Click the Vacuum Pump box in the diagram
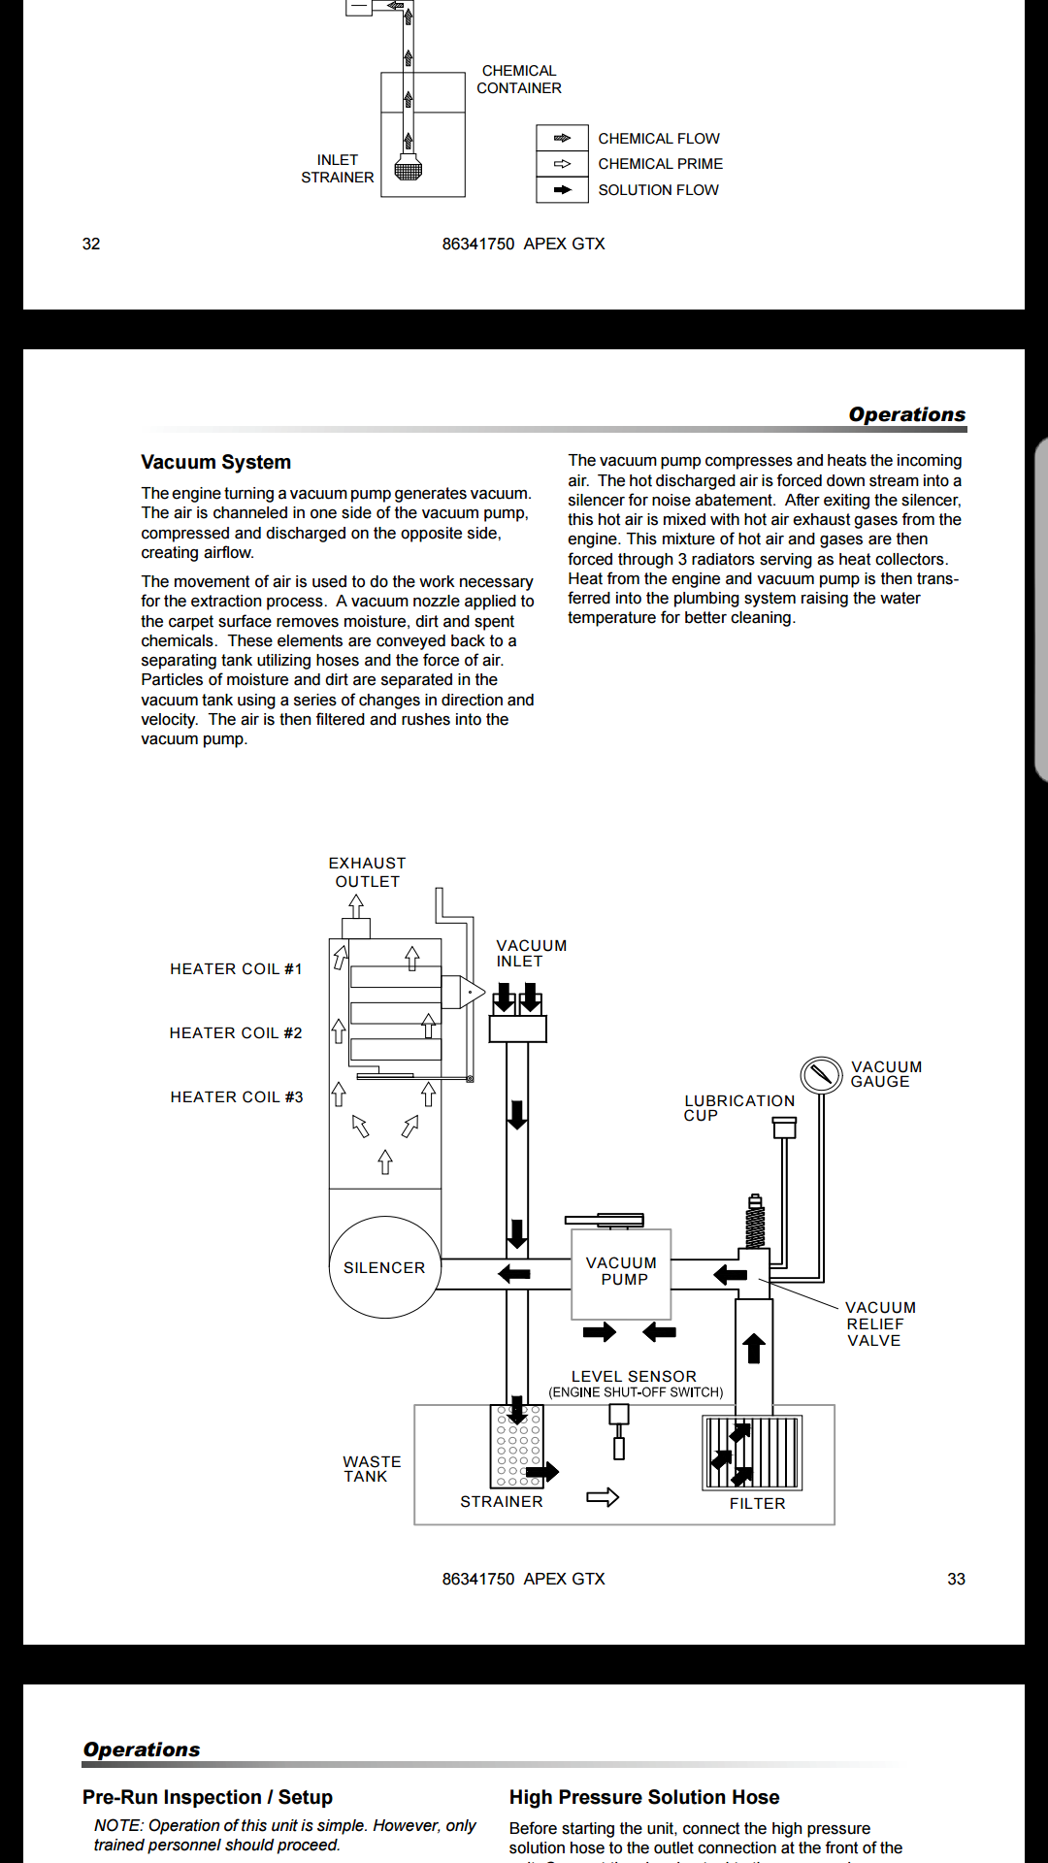coord(621,1273)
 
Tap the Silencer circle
coord(385,1267)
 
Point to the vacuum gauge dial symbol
coord(821,1074)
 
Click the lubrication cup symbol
coord(784,1128)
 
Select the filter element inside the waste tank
coord(753,1453)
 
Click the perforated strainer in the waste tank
coord(516,1446)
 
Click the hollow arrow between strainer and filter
coord(603,1497)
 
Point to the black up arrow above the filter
coord(754,1348)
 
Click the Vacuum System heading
coord(215,462)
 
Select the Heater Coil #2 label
coord(236,1033)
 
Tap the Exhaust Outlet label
coord(367,872)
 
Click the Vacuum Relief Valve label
coord(879,1324)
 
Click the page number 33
coord(956,1579)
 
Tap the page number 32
coord(91,244)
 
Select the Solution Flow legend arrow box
coord(562,190)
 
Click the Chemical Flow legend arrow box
coord(562,138)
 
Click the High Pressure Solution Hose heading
coord(644,1797)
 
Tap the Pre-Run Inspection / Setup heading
coord(208,1797)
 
